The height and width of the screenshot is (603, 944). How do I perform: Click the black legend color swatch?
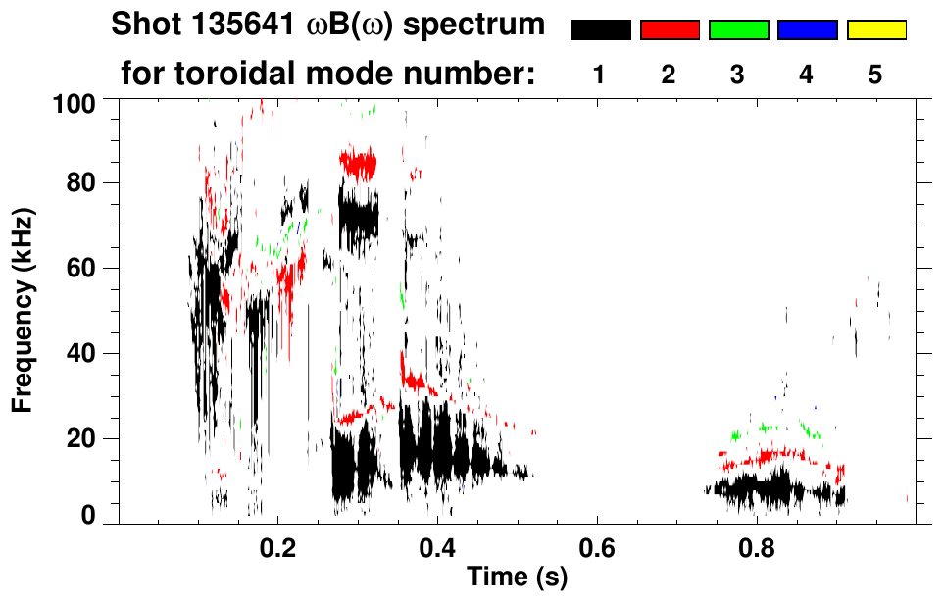click(600, 30)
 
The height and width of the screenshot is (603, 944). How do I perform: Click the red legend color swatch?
click(670, 30)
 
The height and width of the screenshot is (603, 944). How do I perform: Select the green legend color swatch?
click(738, 30)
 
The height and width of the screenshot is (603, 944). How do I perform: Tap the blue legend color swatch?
click(807, 30)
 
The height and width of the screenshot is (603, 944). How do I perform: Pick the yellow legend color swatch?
click(875, 30)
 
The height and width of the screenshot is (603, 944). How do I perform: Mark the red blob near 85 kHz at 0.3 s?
click(357, 163)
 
